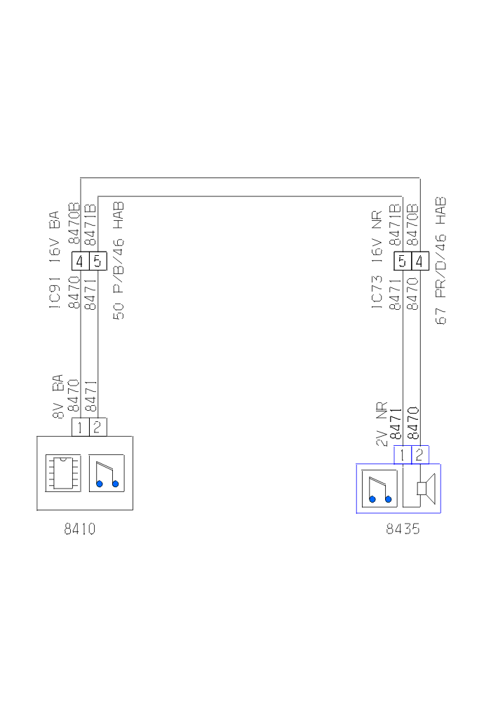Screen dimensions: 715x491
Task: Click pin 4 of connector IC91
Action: point(80,261)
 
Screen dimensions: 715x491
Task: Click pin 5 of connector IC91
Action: point(97,261)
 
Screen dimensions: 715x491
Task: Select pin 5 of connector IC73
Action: point(402,261)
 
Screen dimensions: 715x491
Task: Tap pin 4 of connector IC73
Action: point(419,261)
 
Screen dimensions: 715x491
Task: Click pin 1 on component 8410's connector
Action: point(81,426)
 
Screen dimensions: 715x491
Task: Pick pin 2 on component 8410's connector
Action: point(97,426)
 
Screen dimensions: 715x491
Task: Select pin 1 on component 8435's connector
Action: point(402,454)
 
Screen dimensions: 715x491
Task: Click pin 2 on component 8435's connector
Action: point(419,454)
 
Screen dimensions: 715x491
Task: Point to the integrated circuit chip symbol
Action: point(62,472)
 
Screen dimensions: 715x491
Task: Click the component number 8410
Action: point(79,529)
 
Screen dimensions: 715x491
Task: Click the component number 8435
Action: point(403,530)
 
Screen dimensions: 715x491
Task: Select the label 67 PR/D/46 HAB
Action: point(441,260)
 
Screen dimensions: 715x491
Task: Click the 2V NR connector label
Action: point(382,424)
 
